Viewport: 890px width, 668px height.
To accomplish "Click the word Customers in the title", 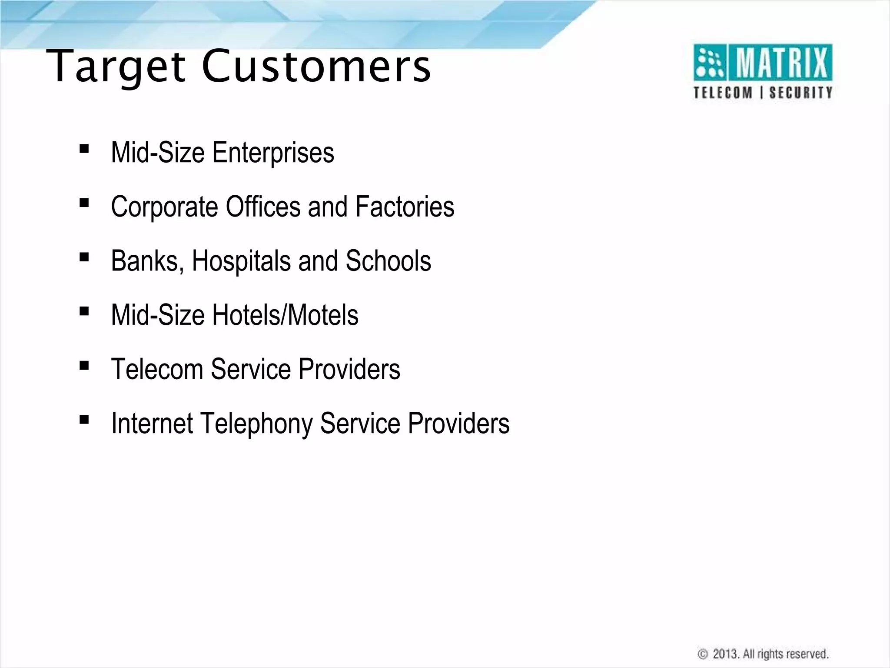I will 316,66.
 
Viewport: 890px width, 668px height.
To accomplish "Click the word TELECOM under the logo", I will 723,93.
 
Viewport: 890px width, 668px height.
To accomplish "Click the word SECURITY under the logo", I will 800,93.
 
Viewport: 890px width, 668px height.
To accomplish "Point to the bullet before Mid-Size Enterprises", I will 84,149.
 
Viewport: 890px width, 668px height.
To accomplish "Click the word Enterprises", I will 273,153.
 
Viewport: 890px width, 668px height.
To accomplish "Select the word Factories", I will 405,207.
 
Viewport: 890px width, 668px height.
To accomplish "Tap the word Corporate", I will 164,207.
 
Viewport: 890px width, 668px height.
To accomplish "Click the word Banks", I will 147,261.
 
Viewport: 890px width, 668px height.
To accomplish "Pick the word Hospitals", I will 241,261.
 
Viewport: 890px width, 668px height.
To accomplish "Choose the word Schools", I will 388,261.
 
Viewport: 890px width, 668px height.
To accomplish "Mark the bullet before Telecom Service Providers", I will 84,365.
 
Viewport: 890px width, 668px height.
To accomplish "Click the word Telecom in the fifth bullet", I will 157,369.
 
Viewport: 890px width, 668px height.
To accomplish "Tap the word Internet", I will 152,423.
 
